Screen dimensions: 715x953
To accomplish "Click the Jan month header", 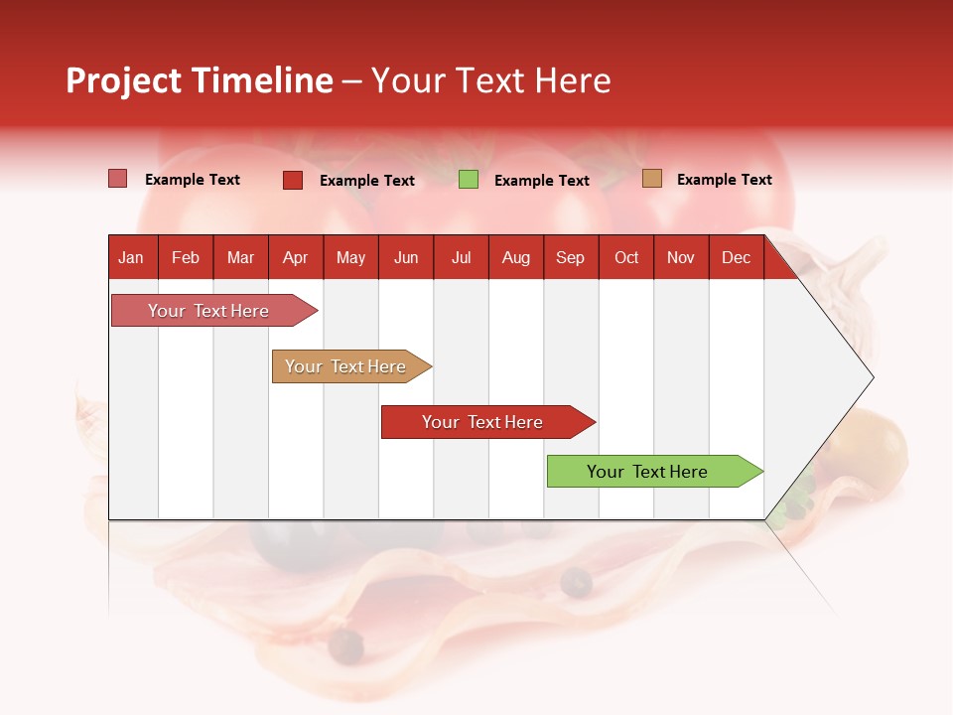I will coord(132,257).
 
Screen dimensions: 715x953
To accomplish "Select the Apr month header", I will coord(296,257).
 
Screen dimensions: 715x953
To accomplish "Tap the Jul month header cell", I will coord(461,257).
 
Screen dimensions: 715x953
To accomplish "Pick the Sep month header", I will coord(571,257).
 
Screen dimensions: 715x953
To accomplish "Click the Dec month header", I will coord(736,257).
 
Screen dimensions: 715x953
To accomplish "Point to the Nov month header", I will coord(681,257).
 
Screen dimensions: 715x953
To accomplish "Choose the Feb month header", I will coord(186,257).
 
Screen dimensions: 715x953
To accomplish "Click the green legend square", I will coord(469,180).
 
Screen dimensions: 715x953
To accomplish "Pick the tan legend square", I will coord(651,179).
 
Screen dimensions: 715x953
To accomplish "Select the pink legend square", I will coord(117,179).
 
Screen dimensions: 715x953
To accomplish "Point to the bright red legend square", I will coord(292,180).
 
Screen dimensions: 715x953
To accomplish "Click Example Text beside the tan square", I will coord(724,180).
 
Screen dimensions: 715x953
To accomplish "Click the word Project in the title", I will coord(124,80).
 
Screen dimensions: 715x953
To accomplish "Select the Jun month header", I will coord(406,257).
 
